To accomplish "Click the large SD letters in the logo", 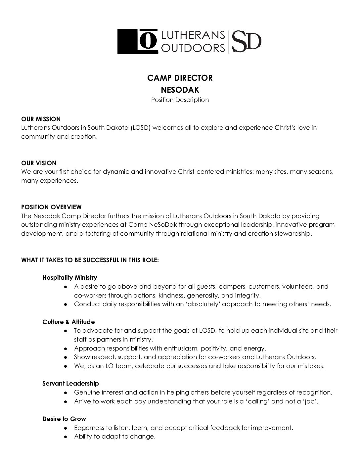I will point(247,41).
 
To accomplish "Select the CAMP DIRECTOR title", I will point(180,78).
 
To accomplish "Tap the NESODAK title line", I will point(180,90).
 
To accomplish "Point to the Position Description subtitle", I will point(180,100).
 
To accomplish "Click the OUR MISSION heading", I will point(41,119).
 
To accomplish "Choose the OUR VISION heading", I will point(39,163).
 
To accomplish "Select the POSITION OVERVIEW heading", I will point(51,207).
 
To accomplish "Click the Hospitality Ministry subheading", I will point(69,278).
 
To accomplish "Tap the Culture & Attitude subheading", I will point(68,322).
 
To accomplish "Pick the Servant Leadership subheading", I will point(70,384).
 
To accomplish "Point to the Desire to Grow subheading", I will point(64,419).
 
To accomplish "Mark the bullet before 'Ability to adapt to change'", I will point(66,437).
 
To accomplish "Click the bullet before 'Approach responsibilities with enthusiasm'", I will point(66,349).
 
